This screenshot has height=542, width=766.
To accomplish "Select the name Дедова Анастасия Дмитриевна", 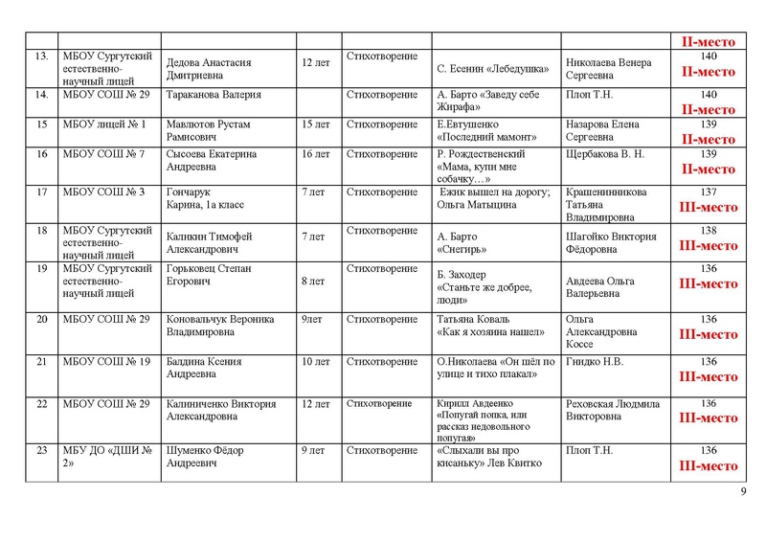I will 209,70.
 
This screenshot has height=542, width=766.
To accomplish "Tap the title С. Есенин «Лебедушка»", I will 492,70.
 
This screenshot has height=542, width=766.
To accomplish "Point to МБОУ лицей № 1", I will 102,124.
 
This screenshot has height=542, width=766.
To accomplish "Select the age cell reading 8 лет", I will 314,282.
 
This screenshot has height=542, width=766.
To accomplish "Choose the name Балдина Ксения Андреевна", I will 204,369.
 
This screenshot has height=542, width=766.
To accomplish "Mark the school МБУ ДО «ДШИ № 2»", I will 104,457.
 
